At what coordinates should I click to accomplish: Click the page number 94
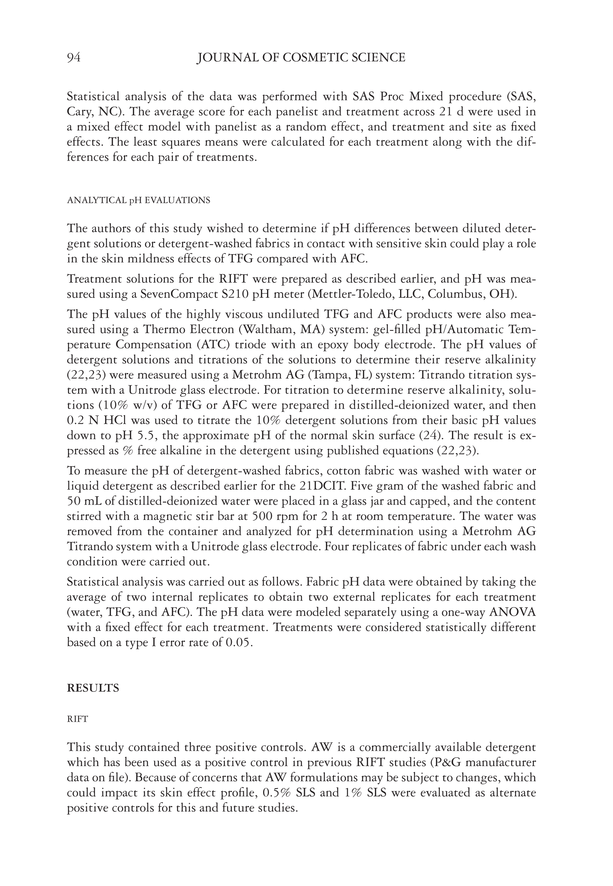pos(74,58)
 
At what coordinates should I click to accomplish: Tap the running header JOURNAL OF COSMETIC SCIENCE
pos(301,58)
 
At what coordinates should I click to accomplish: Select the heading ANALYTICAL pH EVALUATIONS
pos(138,200)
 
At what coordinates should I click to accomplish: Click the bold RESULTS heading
pos(93,688)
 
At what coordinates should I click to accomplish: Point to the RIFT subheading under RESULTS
pos(77,719)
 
